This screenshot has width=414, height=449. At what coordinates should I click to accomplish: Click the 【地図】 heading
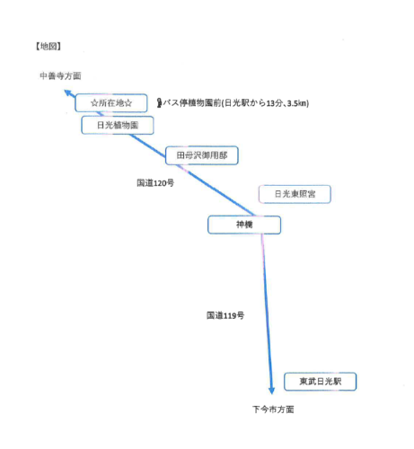tap(48, 46)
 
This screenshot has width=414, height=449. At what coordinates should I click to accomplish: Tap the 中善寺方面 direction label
tap(60, 76)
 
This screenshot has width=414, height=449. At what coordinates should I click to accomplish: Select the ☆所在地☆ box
tap(111, 103)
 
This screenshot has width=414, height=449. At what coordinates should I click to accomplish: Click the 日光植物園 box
tap(118, 125)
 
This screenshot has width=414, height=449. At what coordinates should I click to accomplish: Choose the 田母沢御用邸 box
tap(202, 155)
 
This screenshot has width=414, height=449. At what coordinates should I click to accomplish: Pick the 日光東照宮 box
tap(295, 194)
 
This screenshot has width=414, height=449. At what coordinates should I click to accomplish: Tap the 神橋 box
tap(244, 224)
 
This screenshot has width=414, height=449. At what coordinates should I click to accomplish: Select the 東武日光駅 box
tap(321, 382)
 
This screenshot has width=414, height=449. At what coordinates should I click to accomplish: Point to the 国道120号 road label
tap(155, 182)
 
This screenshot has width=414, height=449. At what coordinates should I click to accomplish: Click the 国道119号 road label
tap(225, 315)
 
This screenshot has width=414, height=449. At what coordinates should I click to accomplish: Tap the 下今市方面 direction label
tap(273, 409)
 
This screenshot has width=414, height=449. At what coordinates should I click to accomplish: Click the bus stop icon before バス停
tap(160, 103)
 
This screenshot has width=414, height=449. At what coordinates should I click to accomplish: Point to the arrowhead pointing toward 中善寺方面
tap(68, 92)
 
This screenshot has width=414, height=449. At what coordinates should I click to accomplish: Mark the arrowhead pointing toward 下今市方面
tap(271, 391)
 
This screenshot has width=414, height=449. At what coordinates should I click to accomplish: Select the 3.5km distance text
tap(297, 103)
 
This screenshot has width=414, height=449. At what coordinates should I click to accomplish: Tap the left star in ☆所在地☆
tap(94, 103)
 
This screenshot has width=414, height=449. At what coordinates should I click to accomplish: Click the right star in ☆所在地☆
tap(128, 103)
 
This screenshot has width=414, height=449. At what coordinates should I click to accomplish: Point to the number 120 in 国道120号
tap(160, 183)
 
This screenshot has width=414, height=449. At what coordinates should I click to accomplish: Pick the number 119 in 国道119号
tap(230, 315)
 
